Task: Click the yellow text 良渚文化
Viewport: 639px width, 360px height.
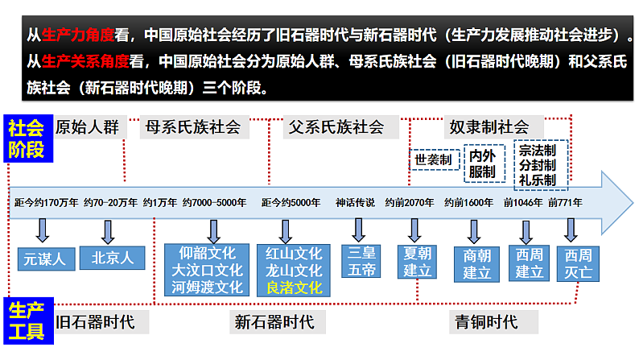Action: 293,288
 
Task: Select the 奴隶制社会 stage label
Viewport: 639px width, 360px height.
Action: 489,126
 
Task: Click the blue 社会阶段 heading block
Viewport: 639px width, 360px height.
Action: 26,139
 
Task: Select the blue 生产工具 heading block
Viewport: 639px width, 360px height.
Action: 26,320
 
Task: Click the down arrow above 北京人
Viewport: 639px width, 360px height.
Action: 107,231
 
